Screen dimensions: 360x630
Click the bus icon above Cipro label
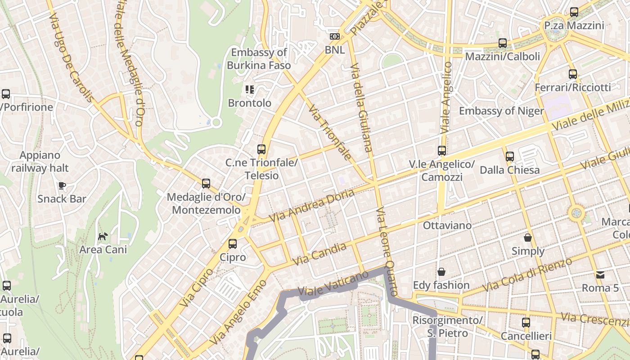(x=232, y=244)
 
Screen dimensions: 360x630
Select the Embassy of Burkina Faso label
(x=259, y=59)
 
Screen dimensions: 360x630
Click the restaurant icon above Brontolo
(x=250, y=89)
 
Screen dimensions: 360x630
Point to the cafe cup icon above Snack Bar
(x=62, y=185)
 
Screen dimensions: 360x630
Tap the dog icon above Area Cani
(x=103, y=236)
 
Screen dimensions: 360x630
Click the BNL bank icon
(x=334, y=36)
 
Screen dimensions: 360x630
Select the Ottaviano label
(x=447, y=225)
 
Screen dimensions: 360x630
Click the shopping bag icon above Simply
(x=528, y=237)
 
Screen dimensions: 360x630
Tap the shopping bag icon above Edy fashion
(x=441, y=272)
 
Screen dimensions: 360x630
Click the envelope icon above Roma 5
(x=600, y=274)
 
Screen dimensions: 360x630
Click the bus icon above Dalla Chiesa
(x=509, y=157)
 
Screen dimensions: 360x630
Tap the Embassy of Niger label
(x=501, y=111)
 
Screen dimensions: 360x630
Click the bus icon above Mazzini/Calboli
(x=503, y=43)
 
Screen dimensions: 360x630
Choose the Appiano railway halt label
(x=40, y=162)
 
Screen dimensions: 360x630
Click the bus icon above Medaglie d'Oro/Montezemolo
(x=206, y=183)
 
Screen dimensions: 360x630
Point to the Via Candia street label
(x=319, y=254)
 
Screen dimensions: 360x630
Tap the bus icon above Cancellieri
(x=526, y=322)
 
